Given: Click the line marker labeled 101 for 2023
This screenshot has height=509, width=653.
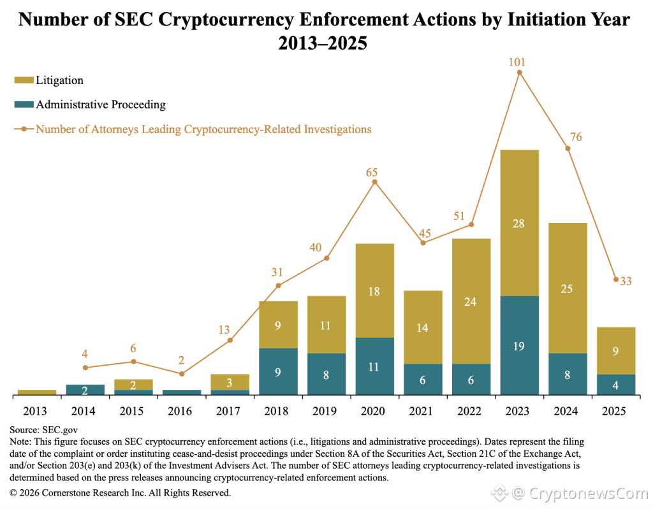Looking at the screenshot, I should (520, 73).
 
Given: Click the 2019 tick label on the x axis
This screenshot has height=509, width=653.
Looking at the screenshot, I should (326, 411).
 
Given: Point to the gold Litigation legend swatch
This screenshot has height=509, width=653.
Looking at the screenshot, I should (24, 80).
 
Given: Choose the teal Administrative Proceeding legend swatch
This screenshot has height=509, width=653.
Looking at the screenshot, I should (24, 105).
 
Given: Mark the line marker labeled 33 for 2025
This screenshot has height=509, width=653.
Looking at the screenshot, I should (615, 279).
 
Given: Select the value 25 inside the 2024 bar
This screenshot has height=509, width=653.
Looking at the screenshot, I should (568, 289).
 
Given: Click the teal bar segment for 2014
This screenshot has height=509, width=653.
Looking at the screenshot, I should (85, 390).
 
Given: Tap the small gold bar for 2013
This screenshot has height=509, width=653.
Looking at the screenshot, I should (37, 392).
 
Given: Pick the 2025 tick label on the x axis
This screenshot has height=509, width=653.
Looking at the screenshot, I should (615, 411).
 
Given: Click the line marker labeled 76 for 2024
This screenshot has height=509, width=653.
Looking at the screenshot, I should (568, 148).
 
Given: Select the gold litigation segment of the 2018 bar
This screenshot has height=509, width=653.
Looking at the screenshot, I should (278, 324).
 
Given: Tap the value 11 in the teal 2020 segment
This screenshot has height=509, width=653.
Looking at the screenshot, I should (374, 366).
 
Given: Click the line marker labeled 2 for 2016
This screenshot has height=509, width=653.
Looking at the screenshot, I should (182, 374).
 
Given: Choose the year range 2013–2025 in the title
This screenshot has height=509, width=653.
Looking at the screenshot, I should (323, 45).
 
